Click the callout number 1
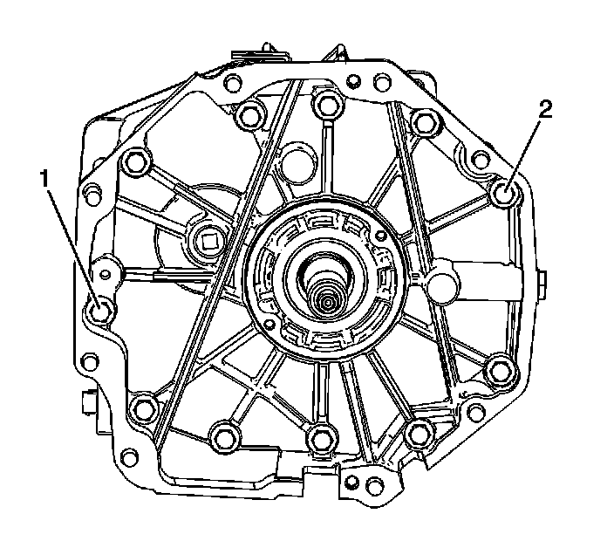[x=44, y=179]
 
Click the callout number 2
[x=545, y=109]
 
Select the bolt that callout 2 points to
[x=505, y=193]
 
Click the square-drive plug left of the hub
[x=208, y=243]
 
